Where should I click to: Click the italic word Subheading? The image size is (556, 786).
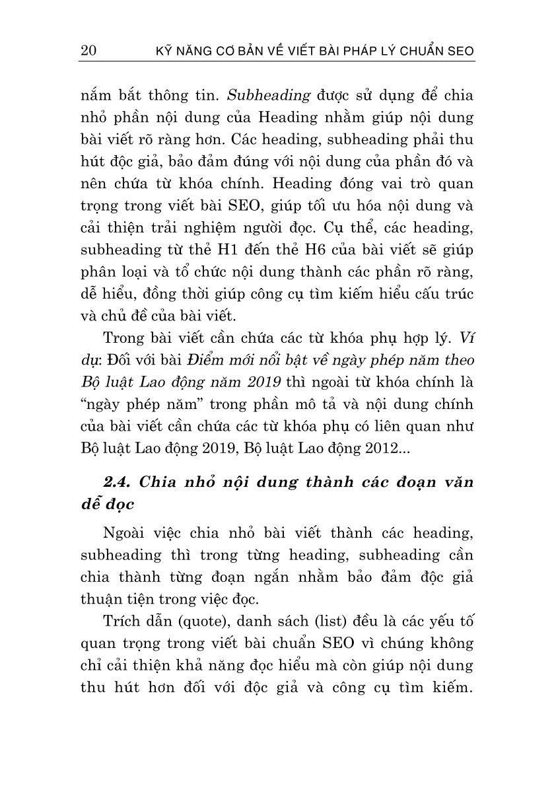pyautogui.click(x=268, y=95)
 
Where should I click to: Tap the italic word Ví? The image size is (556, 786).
pyautogui.click(x=466, y=338)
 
